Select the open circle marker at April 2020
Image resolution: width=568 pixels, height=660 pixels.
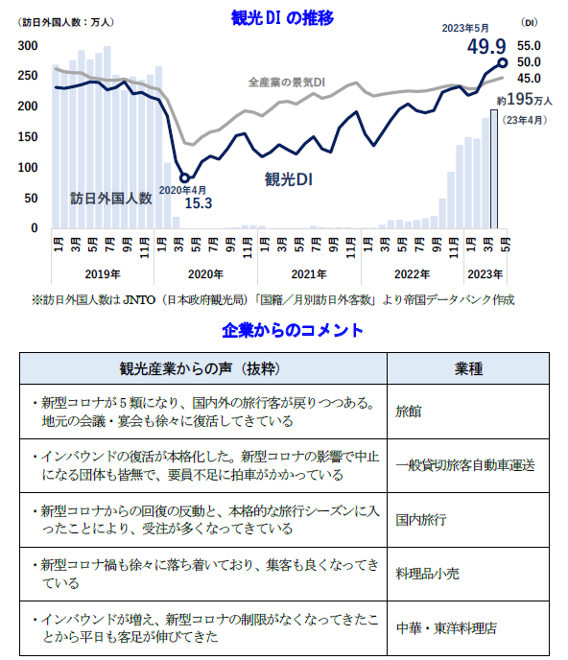pyautogui.click(x=185, y=177)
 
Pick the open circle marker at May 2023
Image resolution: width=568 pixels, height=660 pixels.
pyautogui.click(x=503, y=63)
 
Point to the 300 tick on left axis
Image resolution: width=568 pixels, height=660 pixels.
pyautogui.click(x=27, y=46)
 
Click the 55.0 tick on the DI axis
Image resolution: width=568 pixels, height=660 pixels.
pyautogui.click(x=529, y=45)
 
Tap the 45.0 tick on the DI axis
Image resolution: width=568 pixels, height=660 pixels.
pyautogui.click(x=529, y=78)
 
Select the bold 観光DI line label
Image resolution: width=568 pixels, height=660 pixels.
pyautogui.click(x=289, y=179)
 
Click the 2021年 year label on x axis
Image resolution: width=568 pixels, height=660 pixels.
pyautogui.click(x=308, y=273)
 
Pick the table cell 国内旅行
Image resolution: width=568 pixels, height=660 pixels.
pyautogui.click(x=421, y=520)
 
